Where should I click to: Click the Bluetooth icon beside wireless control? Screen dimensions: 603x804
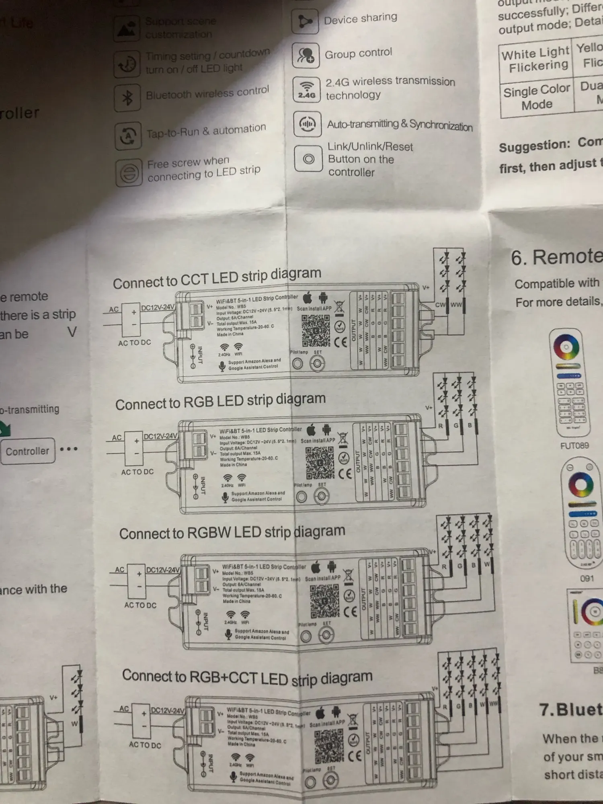127,97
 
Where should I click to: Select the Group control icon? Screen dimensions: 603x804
306,55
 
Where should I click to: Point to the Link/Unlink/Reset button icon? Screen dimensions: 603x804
308,159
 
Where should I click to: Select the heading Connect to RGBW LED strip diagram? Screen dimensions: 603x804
232,532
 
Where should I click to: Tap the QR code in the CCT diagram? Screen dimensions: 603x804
316,330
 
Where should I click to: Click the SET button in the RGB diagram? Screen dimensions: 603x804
321,496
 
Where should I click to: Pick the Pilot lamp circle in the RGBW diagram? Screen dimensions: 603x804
306,636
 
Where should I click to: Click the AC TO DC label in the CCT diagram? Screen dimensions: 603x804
134,343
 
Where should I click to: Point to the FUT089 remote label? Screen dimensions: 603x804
574,445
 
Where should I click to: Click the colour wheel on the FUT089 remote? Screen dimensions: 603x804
566,347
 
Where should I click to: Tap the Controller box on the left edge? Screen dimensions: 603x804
27,451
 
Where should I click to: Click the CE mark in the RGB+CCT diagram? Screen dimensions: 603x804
355,756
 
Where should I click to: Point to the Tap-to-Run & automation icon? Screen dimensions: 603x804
128,135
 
